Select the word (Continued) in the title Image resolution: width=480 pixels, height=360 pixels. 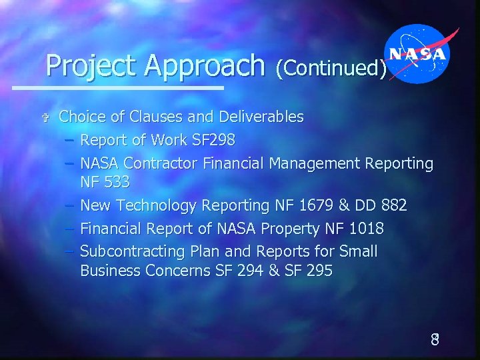coord(331,67)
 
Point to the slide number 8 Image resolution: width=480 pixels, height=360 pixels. coord(434,339)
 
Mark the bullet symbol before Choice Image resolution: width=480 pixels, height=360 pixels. coord(45,118)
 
